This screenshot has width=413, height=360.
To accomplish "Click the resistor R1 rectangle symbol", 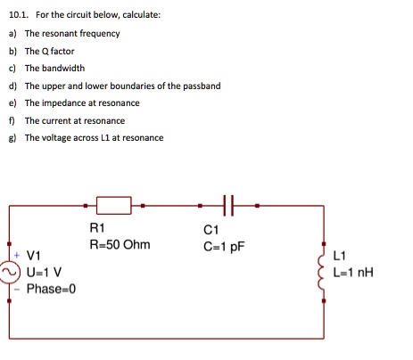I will pos(114,206).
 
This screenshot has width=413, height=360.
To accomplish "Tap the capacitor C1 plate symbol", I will pos(228,206).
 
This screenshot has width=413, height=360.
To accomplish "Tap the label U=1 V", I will pos(45,274).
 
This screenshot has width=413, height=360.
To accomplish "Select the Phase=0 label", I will pos(52,289).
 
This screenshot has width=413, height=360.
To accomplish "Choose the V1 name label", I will pos(37,258).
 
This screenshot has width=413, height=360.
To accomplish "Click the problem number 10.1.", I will pos(18,15).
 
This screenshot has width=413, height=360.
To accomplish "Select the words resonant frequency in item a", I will pos(85,33).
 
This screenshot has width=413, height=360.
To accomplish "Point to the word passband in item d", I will pos(200,86).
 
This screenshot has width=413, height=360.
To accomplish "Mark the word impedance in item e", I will pos(62,102).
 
